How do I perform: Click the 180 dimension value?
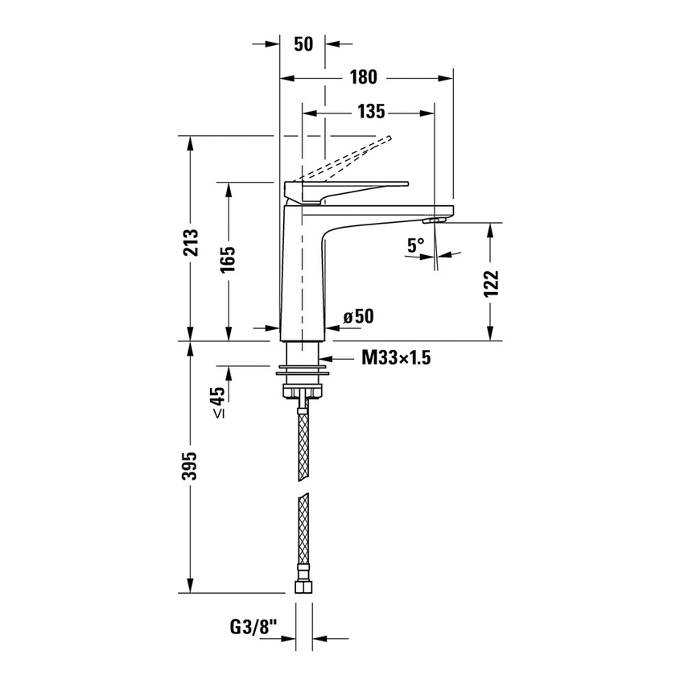pyautogui.click(x=365, y=77)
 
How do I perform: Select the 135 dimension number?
pyautogui.click(x=371, y=112)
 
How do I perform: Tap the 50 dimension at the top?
pyautogui.click(x=303, y=44)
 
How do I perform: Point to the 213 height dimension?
pyautogui.click(x=191, y=239)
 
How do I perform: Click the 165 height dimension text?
pyautogui.click(x=228, y=261)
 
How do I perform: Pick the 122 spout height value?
pyautogui.click(x=492, y=283)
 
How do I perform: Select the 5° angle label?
pyautogui.click(x=415, y=245)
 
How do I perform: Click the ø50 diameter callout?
pyautogui.click(x=359, y=317)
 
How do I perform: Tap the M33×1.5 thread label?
pyautogui.click(x=395, y=358)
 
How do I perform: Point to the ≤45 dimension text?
pyautogui.click(x=217, y=402)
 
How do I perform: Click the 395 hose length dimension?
pyautogui.click(x=191, y=468)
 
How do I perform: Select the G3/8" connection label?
pyautogui.click(x=253, y=626)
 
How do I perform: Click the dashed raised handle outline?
pyautogui.click(x=346, y=158)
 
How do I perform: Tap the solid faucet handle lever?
pyautogui.click(x=354, y=187)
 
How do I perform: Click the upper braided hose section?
pyautogui.click(x=303, y=443)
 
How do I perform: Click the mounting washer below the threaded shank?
pyautogui.click(x=303, y=371)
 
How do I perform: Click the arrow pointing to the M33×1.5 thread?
pyautogui.click(x=330, y=358)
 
